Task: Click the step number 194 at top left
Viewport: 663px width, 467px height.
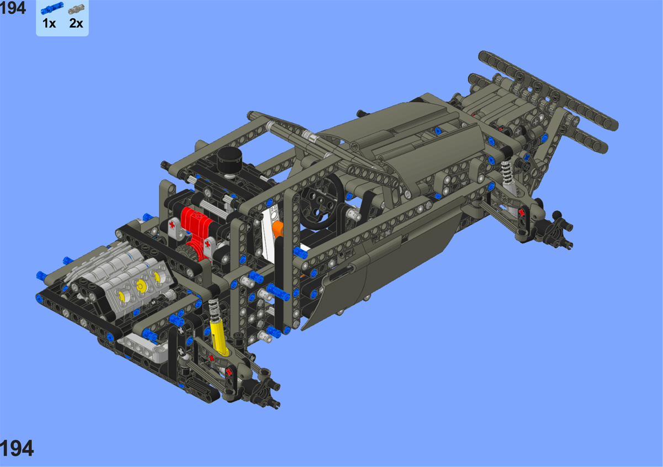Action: (13, 8)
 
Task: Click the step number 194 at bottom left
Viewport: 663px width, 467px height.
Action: (17, 448)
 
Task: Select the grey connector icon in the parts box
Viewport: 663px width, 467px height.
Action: (76, 9)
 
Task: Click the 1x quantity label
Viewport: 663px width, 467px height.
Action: (49, 23)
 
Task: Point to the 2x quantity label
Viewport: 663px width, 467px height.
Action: (76, 23)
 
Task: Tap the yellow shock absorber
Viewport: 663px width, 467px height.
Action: (219, 336)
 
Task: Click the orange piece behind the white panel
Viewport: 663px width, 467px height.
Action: (278, 229)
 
